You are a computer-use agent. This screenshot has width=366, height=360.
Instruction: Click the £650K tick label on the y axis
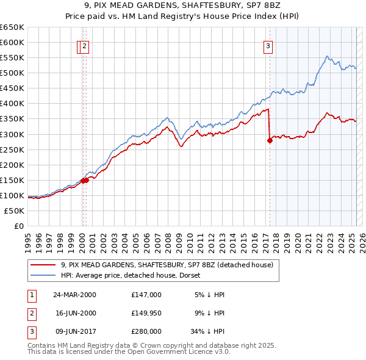[13, 27]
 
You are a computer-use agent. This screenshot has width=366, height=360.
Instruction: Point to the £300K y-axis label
[13, 134]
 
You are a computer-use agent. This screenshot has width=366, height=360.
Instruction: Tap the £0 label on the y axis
[19, 226]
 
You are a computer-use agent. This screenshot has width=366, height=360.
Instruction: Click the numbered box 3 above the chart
[268, 45]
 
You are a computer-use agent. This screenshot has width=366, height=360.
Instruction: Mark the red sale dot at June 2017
[270, 140]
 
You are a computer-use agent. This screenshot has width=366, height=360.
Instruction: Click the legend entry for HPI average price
[134, 275]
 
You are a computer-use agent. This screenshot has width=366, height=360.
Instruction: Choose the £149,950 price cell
[146, 313]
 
